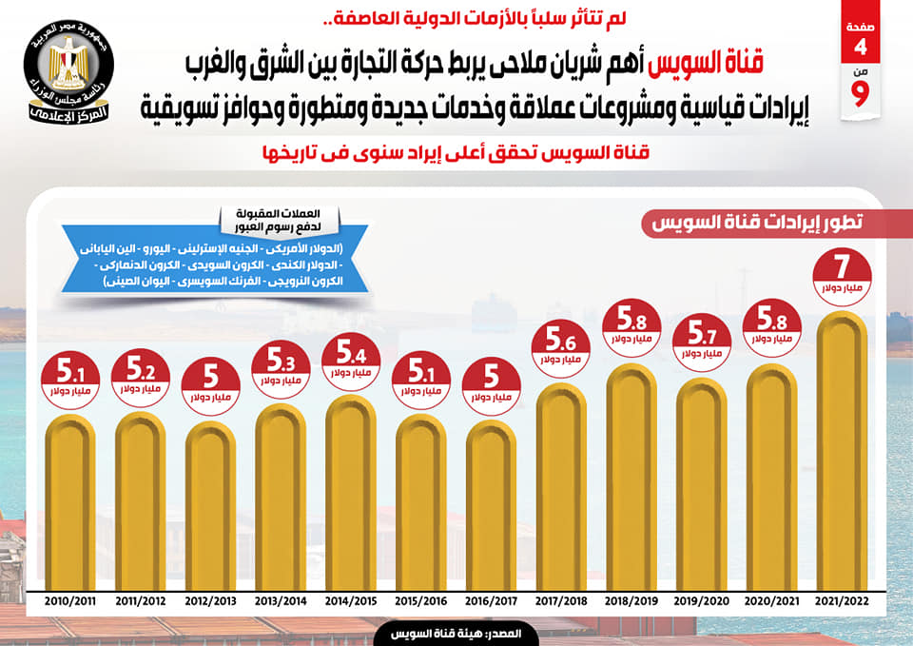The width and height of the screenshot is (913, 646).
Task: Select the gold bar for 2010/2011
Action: click(x=69, y=504)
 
